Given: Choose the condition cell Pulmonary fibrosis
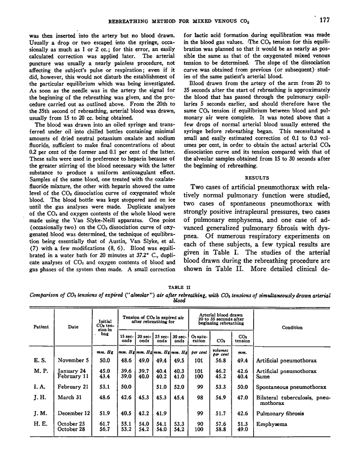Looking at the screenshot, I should pos(280,414).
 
